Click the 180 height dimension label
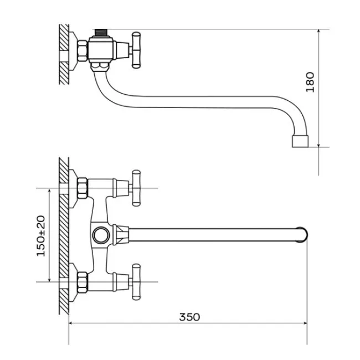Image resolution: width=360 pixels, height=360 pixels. [310, 82]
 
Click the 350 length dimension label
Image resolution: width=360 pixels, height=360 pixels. [189, 317]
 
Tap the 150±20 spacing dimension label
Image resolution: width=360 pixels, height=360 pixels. [41, 236]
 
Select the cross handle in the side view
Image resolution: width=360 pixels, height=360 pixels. [136, 50]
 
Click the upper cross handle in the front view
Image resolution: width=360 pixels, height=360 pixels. [136, 188]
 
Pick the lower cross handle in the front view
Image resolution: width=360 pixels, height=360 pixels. [136, 282]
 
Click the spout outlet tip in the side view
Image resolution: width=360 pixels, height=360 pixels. [300, 141]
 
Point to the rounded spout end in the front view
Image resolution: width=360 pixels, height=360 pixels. [302, 235]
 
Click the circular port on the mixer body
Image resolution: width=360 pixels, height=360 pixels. [101, 235]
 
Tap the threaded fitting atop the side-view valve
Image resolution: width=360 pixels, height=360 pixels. [101, 33]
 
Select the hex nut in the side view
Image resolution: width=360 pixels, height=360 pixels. [82, 51]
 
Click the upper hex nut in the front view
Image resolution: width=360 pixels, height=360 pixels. [82, 188]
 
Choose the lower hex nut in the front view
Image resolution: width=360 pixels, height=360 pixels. [82, 282]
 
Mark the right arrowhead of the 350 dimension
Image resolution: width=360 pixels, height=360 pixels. [305, 323]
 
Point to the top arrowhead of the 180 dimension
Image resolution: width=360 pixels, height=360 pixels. [318, 32]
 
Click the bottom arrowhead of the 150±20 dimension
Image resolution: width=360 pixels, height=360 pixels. [49, 279]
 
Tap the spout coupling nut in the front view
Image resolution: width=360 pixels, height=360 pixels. [121, 235]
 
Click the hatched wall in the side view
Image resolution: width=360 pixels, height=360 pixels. [64, 54]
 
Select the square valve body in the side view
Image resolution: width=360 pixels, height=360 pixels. [101, 49]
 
